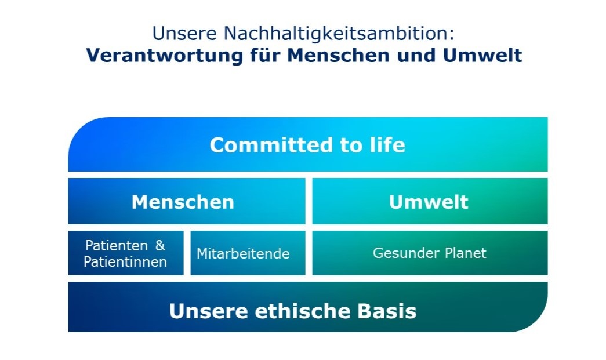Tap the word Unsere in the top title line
click(x=185, y=33)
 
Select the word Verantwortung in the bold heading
click(x=165, y=55)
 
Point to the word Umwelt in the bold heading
click(x=482, y=55)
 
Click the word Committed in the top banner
click(x=271, y=146)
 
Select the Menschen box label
click(x=183, y=202)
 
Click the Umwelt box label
click(x=429, y=202)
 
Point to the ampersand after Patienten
click(x=160, y=245)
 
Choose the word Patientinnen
click(x=126, y=262)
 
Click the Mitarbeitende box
click(x=248, y=253)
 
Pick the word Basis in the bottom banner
click(x=386, y=311)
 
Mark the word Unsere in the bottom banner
click(x=209, y=311)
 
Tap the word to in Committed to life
click(x=351, y=146)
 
